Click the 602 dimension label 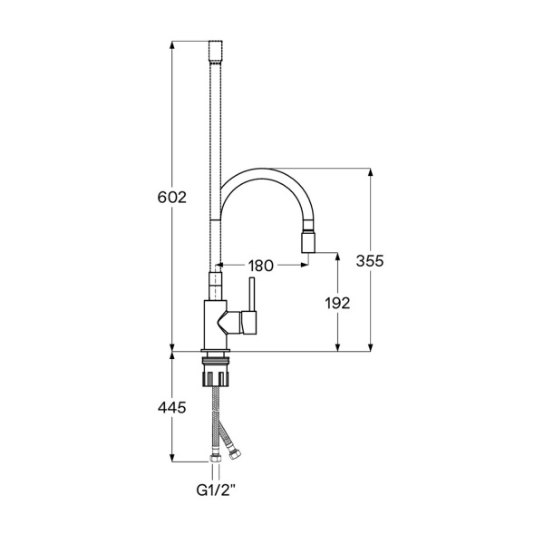coord(172,198)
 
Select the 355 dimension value coord(370,260)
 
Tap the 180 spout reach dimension coord(260,266)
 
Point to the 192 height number coord(337,303)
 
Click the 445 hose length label coord(172,408)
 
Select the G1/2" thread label coord(216,491)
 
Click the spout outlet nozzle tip coord(309,241)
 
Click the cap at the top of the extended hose coord(216,52)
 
